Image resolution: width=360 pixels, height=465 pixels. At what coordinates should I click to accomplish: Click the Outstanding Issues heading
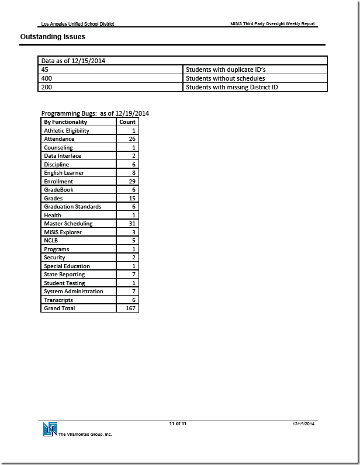coord(53,36)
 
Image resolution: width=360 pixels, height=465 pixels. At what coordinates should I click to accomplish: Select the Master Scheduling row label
coord(68,224)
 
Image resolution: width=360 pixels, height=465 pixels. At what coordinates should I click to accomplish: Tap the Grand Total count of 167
coord(130,308)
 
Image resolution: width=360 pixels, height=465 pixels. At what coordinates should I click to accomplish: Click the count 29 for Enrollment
coord(132,182)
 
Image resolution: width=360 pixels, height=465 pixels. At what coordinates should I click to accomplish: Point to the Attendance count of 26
coord(132,139)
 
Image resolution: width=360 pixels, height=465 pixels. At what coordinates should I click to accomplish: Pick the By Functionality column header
coord(65,122)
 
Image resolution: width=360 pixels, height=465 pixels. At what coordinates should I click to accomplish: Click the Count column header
coord(127,122)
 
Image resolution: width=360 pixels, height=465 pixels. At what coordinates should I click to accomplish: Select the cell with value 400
coord(46,78)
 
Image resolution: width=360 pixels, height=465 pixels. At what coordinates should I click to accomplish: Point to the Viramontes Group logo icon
coord(49,429)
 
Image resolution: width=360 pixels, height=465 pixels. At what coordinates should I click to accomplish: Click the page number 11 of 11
coord(178,423)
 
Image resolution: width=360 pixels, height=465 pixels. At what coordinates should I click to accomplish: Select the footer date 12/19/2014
coord(304,423)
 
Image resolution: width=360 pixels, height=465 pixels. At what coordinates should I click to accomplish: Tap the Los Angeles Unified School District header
coord(78,24)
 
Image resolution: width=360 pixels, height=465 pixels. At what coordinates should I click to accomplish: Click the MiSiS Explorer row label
coord(63,232)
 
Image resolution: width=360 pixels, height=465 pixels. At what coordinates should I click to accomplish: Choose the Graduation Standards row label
coord(72,207)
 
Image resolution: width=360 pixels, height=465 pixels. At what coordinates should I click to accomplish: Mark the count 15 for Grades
coord(132,199)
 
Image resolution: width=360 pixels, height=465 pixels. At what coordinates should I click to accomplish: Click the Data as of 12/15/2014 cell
coord(72,61)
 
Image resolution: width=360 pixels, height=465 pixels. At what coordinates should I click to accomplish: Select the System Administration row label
coord(73,292)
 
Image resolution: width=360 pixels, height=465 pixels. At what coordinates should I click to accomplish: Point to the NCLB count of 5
coord(134,241)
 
